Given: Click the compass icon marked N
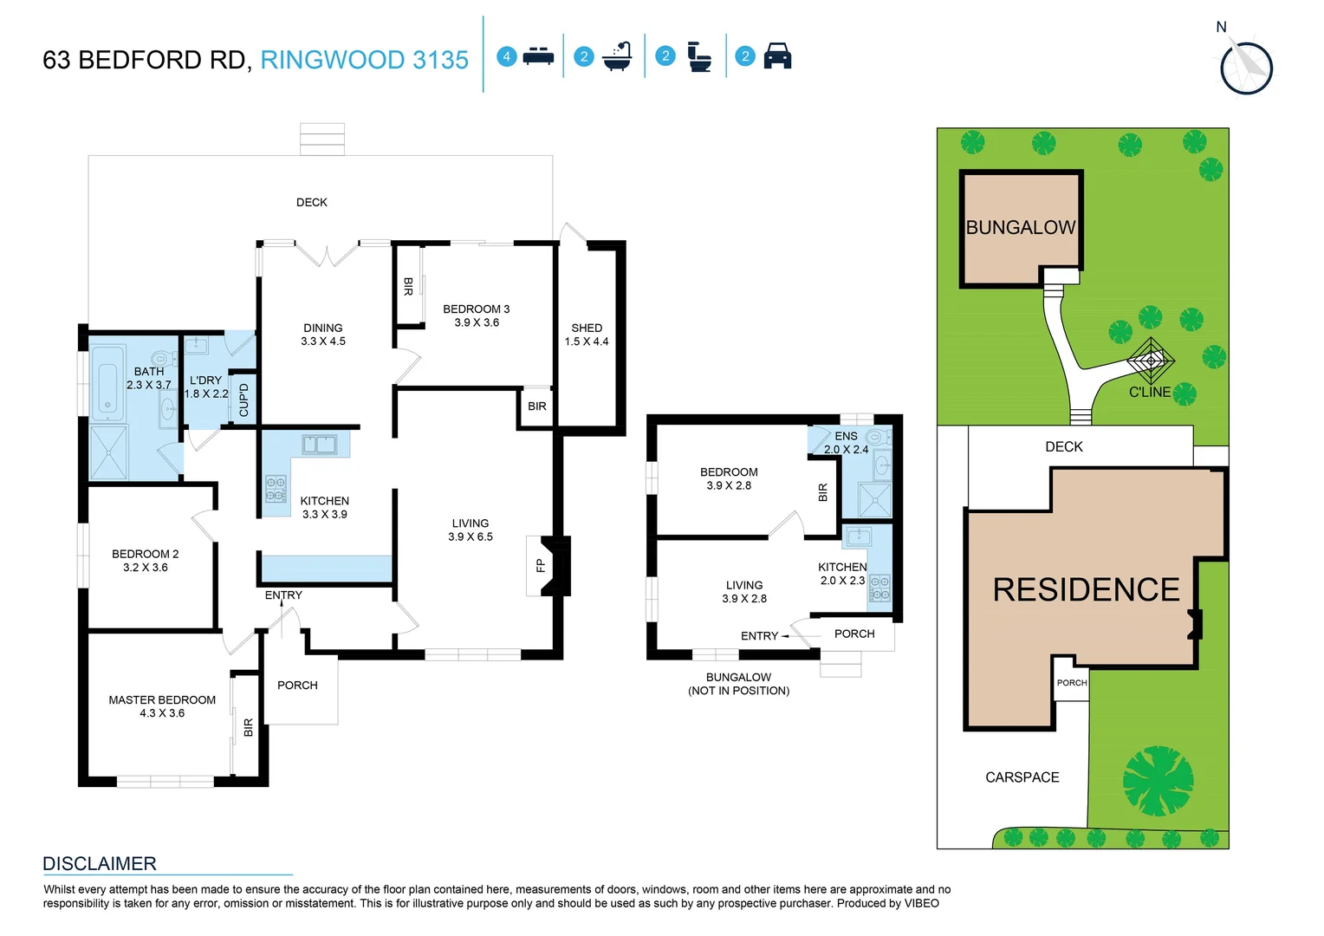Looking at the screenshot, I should [1246, 66].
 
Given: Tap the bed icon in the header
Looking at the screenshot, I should [538, 57].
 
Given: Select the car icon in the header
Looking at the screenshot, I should [777, 56].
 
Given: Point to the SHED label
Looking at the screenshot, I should [587, 328].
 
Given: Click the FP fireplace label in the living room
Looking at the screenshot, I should [540, 566].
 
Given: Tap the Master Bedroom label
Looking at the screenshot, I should [162, 700].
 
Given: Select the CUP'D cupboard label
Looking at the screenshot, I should [243, 400].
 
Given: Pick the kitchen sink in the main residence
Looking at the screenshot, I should [319, 445].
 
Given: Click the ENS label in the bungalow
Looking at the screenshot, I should [846, 436].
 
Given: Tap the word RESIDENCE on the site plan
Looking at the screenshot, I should [1086, 590].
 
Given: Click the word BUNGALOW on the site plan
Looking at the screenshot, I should [1021, 228].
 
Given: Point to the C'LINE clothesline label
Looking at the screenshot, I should [1149, 393].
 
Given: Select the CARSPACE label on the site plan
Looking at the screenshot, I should [1022, 777].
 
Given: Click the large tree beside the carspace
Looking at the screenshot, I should [1158, 781].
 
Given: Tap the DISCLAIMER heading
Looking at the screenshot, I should [100, 864].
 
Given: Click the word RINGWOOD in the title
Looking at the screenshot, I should [333, 60].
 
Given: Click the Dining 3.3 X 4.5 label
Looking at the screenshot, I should [322, 335].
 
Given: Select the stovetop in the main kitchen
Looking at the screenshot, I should [276, 490].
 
